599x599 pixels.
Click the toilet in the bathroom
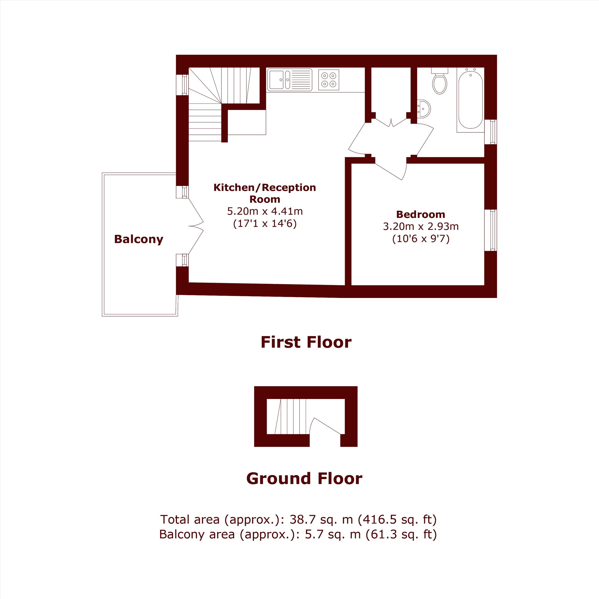[440, 81]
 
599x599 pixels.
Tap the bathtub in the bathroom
[470, 100]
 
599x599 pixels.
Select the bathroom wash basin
[423, 109]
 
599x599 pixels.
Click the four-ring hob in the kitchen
[329, 80]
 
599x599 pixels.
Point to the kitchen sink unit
[290, 80]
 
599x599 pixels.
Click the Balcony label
[139, 239]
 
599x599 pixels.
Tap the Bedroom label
[421, 214]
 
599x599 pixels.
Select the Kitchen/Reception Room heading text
[265, 193]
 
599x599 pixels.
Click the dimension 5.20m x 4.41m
[265, 211]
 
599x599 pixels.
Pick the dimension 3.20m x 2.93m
[421, 227]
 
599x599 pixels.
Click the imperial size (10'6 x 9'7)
[421, 239]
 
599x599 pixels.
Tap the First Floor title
[306, 342]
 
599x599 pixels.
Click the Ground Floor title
[304, 478]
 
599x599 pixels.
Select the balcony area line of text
[298, 535]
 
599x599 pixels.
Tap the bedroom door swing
[391, 169]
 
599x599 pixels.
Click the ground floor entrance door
[327, 426]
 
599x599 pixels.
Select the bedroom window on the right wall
[491, 230]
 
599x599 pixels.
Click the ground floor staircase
[290, 416]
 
